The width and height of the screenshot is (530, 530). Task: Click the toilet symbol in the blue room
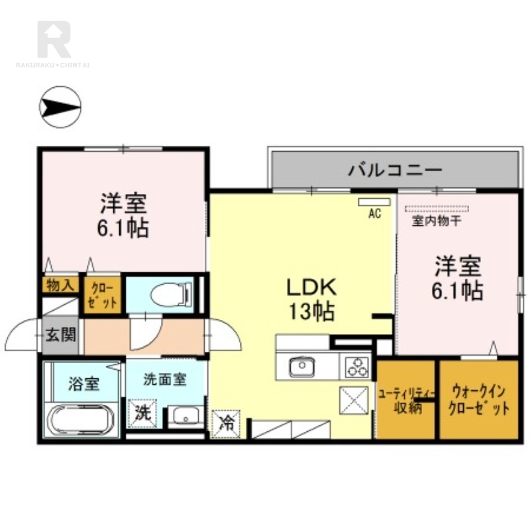click(x=172, y=294)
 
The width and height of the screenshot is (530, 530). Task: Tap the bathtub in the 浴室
click(x=81, y=420)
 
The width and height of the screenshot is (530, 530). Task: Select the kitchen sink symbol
click(x=302, y=366)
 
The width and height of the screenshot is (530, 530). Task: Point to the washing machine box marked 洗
click(x=142, y=413)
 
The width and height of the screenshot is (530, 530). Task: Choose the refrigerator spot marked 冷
click(x=226, y=424)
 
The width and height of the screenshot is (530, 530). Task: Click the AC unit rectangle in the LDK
click(x=374, y=202)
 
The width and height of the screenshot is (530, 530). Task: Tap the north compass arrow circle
click(x=60, y=107)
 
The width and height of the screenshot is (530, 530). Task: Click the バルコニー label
click(x=395, y=170)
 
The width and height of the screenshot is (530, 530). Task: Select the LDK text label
click(x=311, y=288)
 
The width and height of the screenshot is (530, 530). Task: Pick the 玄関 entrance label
click(x=61, y=335)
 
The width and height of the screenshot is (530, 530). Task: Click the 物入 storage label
click(x=60, y=286)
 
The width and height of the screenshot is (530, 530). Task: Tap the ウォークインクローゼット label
click(x=478, y=401)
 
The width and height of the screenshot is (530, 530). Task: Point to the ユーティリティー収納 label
click(x=405, y=401)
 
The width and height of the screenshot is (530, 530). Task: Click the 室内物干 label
click(x=437, y=221)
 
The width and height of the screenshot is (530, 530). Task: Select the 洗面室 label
click(x=164, y=380)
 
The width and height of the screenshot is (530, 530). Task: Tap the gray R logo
click(x=54, y=39)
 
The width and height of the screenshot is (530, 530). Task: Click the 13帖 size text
click(x=311, y=311)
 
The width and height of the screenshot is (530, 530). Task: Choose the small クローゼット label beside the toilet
click(x=102, y=295)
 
